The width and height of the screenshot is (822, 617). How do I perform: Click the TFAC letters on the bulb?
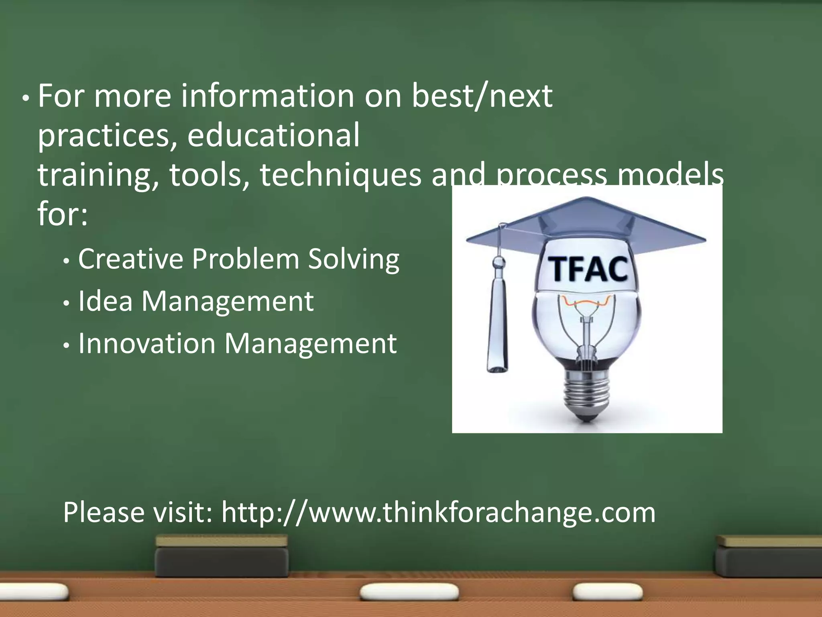tap(589, 269)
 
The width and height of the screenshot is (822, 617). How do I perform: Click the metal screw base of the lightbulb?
tap(586, 396)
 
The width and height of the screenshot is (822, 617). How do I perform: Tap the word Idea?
tap(105, 301)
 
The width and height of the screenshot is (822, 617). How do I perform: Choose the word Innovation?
tap(147, 344)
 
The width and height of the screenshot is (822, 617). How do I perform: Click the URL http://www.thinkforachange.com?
tap(438, 513)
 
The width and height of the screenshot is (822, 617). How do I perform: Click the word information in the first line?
tap(268, 96)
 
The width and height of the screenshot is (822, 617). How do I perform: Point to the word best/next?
tap(482, 96)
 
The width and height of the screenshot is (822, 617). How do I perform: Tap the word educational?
tap(273, 135)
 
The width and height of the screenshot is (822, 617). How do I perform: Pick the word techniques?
tap(340, 176)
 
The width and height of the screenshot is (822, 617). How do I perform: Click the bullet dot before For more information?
tap(26, 98)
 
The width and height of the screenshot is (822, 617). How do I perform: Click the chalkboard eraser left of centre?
tap(222, 556)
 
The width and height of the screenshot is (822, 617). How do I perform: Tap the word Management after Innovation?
tap(310, 345)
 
